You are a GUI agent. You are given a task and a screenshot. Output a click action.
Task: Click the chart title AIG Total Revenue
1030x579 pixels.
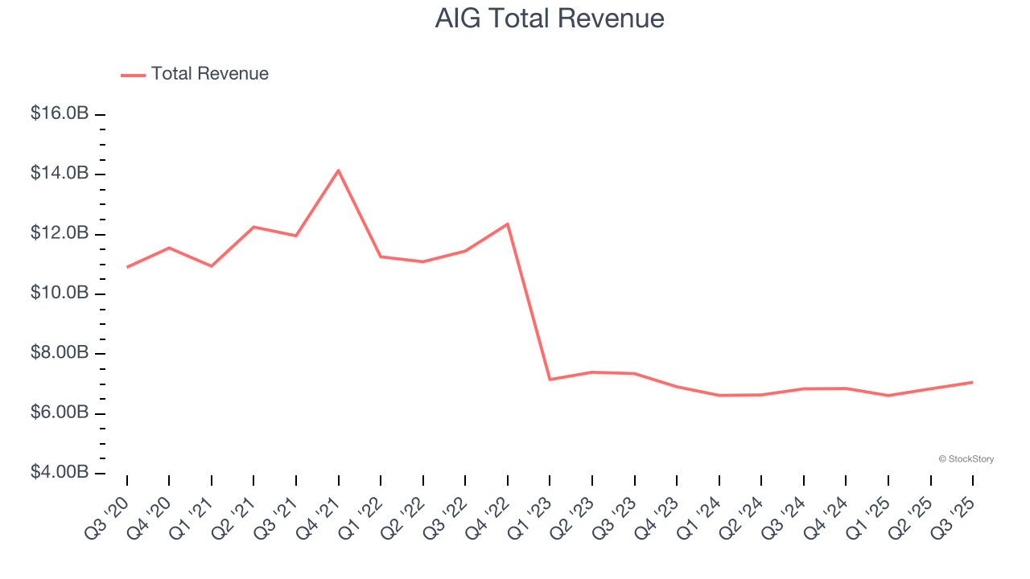click(550, 18)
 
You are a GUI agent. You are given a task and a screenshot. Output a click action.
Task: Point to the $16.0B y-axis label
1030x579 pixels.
click(60, 113)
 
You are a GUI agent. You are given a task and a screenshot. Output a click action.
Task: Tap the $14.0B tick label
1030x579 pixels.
click(60, 174)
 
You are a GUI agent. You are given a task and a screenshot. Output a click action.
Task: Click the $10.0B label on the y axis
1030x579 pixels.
click(60, 293)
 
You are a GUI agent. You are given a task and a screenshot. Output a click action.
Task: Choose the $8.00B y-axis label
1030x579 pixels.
click(60, 353)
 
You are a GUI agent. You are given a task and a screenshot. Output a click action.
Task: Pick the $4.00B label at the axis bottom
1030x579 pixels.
click(60, 472)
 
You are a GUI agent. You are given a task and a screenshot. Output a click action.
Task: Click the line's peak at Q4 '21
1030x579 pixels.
click(339, 170)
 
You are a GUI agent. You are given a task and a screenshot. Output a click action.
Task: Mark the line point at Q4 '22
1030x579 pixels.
click(508, 224)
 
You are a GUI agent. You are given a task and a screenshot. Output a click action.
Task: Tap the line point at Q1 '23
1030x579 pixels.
click(550, 380)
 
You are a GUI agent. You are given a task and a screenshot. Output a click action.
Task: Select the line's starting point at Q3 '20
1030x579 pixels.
click(127, 267)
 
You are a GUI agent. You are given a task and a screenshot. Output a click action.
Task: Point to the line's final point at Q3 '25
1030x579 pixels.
click(973, 382)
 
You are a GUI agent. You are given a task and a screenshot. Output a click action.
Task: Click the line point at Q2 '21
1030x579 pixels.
click(254, 227)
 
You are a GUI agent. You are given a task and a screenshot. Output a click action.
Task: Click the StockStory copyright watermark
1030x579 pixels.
click(966, 459)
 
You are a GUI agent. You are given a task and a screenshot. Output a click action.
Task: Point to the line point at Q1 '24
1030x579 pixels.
click(719, 395)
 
